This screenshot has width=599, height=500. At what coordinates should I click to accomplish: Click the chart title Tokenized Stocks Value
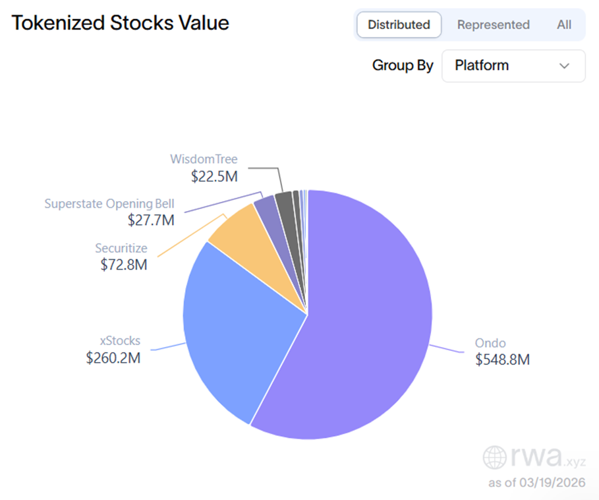[121, 23]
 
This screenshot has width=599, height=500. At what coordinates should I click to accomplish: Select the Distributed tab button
[399, 24]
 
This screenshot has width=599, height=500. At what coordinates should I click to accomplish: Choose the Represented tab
[493, 24]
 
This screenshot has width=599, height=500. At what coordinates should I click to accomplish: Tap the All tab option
[563, 24]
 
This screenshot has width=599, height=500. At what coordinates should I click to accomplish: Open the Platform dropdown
[513, 65]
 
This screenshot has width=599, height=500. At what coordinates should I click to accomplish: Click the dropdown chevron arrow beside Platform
[564, 65]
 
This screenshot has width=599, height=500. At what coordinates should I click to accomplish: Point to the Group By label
[403, 65]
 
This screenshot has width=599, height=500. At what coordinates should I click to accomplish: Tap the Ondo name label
[490, 343]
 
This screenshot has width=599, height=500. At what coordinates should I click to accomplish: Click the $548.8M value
[502, 360]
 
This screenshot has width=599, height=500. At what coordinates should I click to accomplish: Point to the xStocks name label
[120, 341]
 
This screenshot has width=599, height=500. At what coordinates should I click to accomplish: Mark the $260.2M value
[113, 358]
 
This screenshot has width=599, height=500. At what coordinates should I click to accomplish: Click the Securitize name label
[121, 248]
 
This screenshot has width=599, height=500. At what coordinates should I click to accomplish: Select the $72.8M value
[124, 265]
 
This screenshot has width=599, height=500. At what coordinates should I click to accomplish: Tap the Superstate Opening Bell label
[109, 203]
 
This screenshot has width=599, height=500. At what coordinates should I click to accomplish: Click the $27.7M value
[151, 220]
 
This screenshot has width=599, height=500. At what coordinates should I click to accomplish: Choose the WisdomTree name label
[204, 159]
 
